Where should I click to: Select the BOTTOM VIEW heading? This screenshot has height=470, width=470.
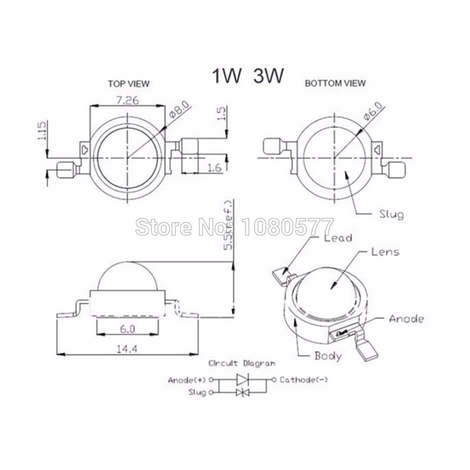[335, 83]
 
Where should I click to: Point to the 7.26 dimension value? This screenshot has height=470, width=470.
[124, 100]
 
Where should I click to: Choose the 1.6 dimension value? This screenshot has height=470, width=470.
[214, 169]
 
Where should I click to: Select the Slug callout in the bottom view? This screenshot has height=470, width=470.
[392, 215]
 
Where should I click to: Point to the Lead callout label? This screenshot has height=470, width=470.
[338, 238]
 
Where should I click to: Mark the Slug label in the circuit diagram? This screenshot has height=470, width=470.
[196, 392]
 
